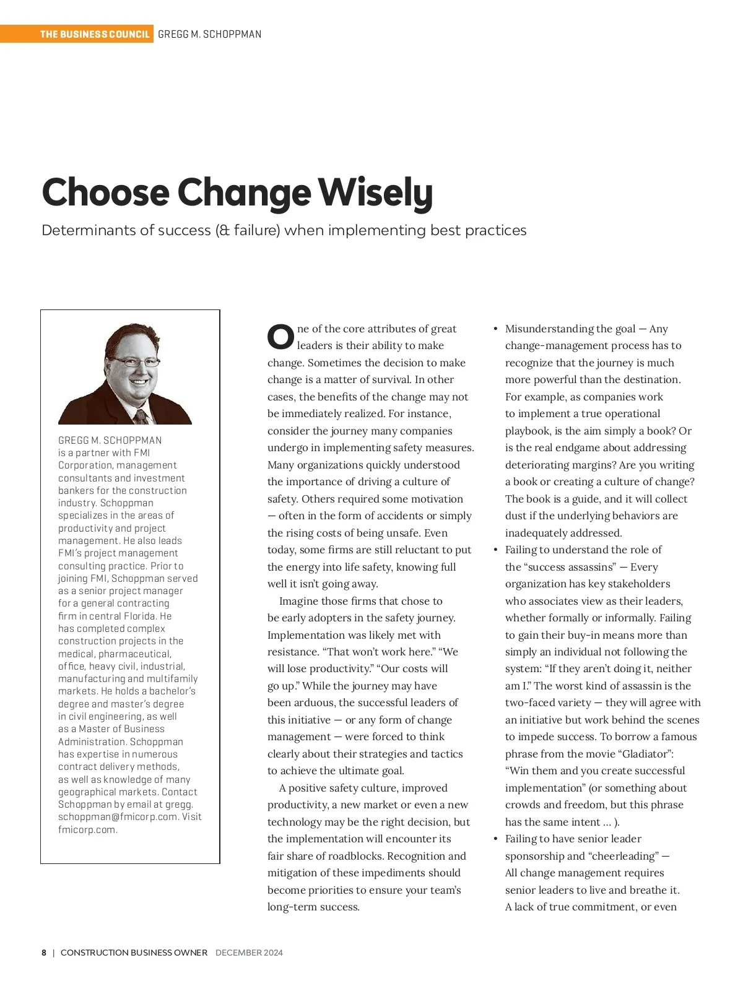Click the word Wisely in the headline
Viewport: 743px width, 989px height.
[375, 193]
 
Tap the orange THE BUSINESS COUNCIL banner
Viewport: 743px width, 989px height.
[95, 34]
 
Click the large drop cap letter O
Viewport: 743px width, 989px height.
[280, 337]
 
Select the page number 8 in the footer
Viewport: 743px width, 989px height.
[44, 952]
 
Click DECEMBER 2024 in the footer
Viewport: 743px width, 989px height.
[249, 952]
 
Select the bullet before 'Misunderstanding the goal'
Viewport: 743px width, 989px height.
[495, 329]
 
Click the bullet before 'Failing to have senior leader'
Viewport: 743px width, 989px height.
[495, 839]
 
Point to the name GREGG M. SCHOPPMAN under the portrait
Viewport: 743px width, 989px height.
[110, 440]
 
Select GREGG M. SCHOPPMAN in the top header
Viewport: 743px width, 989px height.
[209, 34]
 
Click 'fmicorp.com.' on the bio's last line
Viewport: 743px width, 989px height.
[87, 829]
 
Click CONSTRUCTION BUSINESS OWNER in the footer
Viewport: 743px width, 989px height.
[134, 952]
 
